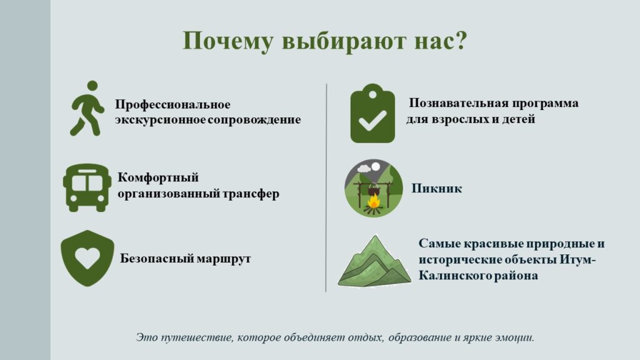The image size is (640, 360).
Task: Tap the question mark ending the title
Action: point(461,40)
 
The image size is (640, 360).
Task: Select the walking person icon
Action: point(87,108)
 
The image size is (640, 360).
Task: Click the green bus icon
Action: point(87,187)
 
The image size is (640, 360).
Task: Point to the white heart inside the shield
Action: point(87,258)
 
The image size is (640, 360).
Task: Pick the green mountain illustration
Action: point(374,261)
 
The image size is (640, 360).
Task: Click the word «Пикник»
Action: point(436,188)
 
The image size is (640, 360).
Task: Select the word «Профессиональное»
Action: point(172,104)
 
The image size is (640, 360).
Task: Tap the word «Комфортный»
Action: point(158,177)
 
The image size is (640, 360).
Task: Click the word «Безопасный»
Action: point(157,258)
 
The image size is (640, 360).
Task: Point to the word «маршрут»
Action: point(224,259)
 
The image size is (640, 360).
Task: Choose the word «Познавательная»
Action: point(458,103)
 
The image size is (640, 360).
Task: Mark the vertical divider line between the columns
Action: point(326,187)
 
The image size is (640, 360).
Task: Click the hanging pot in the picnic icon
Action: point(373,190)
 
